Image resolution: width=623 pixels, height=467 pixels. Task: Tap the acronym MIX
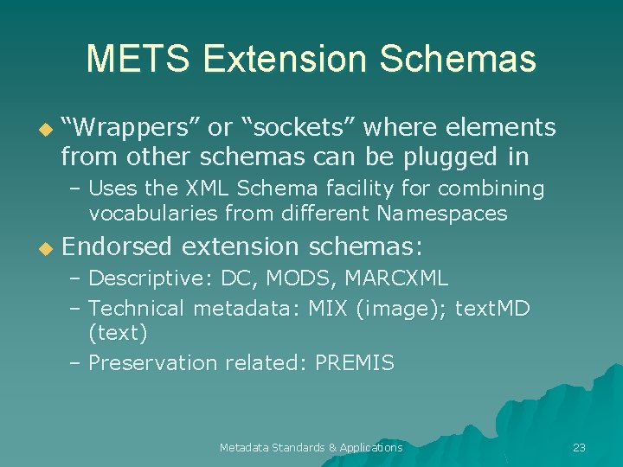327,308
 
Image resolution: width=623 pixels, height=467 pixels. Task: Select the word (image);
400,309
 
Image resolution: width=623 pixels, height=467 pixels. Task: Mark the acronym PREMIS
355,363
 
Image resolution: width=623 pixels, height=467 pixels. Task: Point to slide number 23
580,447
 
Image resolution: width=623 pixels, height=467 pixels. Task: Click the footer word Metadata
244,447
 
